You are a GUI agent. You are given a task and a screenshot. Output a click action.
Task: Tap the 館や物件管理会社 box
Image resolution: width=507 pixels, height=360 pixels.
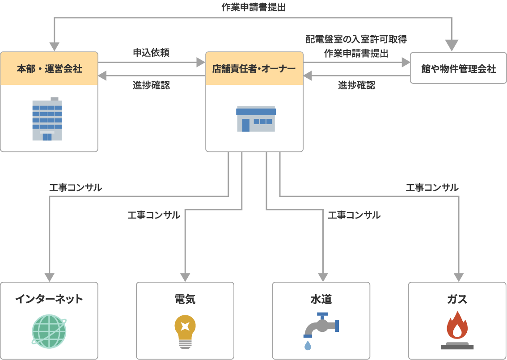pyautogui.click(x=458, y=68)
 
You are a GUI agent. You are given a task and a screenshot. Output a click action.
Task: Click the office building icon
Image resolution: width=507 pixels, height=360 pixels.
pyautogui.click(x=47, y=119)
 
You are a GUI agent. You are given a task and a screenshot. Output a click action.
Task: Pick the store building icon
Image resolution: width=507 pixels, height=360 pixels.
pyautogui.click(x=256, y=119)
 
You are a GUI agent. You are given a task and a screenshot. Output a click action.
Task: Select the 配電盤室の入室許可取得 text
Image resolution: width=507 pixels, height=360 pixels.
pyautogui.click(x=356, y=39)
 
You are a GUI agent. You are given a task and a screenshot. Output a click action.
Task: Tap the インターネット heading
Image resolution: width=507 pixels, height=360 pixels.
pyautogui.click(x=49, y=299)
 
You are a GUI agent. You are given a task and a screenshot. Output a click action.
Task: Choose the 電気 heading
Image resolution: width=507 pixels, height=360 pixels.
pyautogui.click(x=185, y=299)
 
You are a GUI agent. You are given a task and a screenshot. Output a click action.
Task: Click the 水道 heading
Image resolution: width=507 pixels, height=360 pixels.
pyautogui.click(x=321, y=299)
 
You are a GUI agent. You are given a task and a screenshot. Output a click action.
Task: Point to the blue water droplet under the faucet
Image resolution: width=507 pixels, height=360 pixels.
pyautogui.click(x=308, y=345)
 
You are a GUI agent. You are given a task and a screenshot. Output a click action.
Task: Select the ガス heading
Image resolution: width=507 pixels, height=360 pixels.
pyautogui.click(x=457, y=299)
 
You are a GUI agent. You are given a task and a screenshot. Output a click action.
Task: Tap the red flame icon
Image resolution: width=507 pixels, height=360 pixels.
pyautogui.click(x=457, y=326)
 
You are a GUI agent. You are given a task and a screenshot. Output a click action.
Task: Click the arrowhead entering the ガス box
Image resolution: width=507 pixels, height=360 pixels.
pyautogui.click(x=459, y=277)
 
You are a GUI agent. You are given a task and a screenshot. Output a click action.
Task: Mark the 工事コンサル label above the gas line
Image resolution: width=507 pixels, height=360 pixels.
pyautogui.click(x=432, y=188)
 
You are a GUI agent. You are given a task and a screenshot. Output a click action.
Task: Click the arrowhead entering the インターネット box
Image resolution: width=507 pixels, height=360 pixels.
pyautogui.click(x=49, y=277)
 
